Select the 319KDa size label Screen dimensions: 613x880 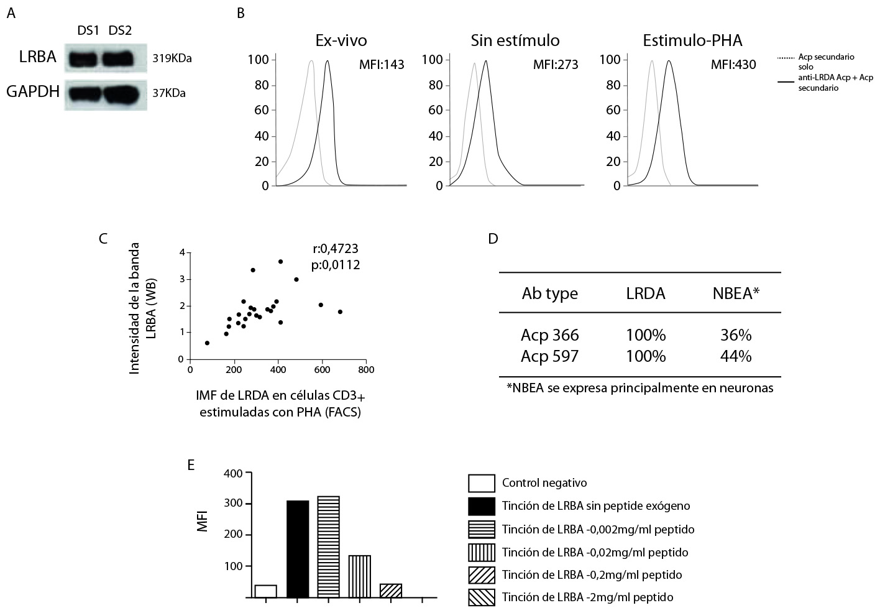(x=172, y=59)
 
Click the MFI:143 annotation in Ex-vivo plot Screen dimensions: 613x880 (x=382, y=65)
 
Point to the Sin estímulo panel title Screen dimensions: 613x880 (x=515, y=41)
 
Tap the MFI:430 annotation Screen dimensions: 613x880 (x=733, y=65)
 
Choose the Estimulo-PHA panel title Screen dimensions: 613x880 (x=692, y=41)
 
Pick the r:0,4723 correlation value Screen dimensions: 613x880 (x=336, y=249)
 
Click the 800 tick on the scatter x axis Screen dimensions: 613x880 (x=365, y=369)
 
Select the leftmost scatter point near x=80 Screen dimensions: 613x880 (x=207, y=343)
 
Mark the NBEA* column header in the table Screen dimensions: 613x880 (x=736, y=293)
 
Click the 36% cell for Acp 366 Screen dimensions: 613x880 (x=736, y=336)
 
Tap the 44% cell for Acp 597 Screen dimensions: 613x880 (x=736, y=356)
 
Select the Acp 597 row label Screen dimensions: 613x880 (x=549, y=356)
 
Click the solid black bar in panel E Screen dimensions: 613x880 (x=298, y=549)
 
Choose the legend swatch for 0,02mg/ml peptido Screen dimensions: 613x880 (x=482, y=552)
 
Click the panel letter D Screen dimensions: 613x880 (x=493, y=238)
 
